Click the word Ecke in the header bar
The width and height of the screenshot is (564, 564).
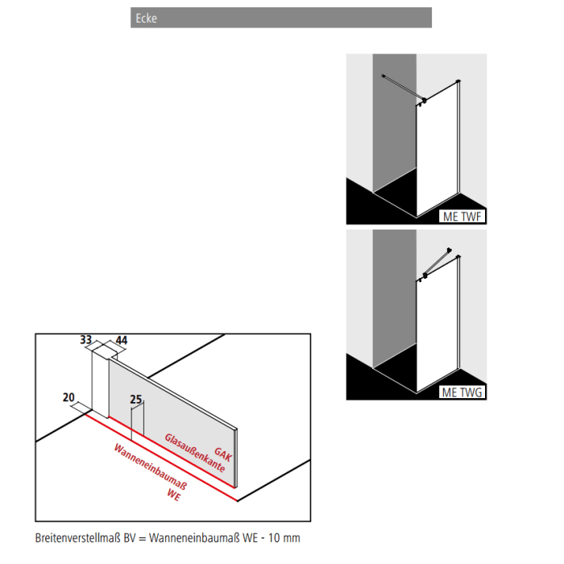point(146,19)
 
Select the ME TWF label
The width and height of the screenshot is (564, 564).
point(462,216)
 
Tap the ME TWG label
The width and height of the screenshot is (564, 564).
point(462,392)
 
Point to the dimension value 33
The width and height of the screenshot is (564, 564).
point(86,341)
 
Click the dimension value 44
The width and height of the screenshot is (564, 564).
point(122,341)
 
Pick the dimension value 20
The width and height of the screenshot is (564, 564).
point(68,397)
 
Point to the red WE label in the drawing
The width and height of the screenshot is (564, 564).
point(173,495)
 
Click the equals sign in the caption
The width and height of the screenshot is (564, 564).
point(143,537)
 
